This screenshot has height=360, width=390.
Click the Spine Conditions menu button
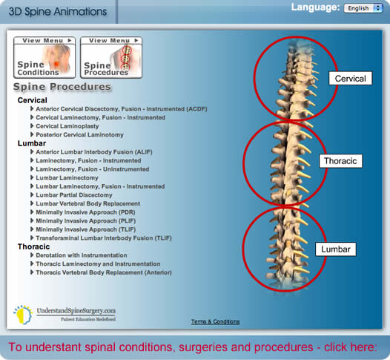[44, 57]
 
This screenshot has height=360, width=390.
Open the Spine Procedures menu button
[111, 57]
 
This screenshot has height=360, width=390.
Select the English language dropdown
[363, 8]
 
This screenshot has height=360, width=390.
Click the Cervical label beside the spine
[351, 79]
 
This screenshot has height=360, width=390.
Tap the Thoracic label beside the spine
[340, 161]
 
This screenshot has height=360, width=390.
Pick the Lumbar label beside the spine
[336, 249]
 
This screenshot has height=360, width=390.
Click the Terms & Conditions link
[216, 321]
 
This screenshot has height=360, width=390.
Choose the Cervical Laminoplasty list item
[67, 126]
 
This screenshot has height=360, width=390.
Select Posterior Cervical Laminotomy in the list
[79, 134]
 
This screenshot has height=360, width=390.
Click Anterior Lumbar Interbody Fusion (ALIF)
[94, 152]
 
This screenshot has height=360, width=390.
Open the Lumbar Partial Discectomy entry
[74, 195]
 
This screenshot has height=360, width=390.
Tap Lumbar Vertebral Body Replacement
[88, 203]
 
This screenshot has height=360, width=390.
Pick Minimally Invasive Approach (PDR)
[85, 212]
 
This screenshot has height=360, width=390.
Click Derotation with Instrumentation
[82, 255]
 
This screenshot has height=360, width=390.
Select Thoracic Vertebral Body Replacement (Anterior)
[104, 272]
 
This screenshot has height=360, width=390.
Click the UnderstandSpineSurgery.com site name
[76, 311]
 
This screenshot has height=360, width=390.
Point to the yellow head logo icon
[23, 315]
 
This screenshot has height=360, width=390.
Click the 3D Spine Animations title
[58, 12]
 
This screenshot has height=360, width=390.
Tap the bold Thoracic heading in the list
[33, 246]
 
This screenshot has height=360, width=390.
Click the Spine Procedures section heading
[62, 87]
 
